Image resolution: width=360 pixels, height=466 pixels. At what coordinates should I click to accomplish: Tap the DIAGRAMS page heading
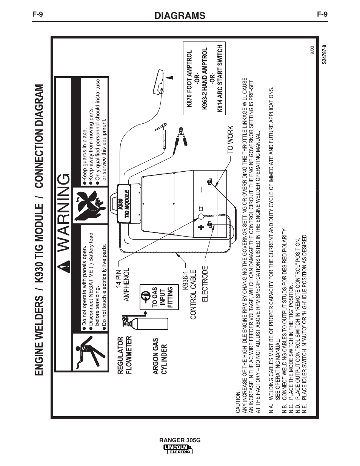tap(180, 15)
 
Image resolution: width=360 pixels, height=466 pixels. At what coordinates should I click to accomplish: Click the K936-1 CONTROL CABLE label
tap(188, 294)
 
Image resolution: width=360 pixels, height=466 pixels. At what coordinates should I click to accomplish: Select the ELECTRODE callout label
tap(205, 284)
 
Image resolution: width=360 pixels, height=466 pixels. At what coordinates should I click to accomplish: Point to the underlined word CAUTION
tap(238, 404)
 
